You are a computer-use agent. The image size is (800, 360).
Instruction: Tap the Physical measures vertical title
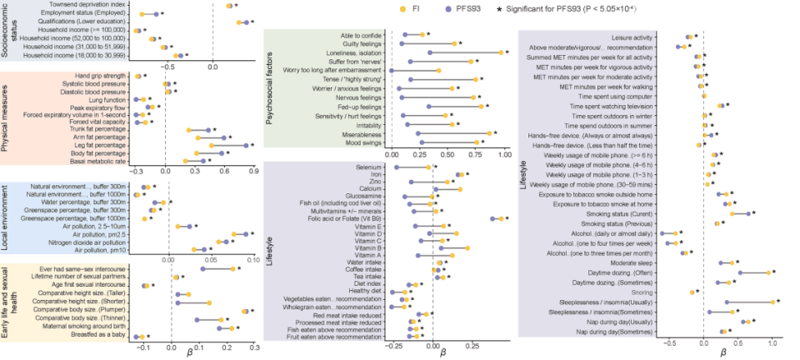(7, 119)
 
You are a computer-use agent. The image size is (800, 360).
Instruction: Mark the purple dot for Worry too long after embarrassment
(391, 70)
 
